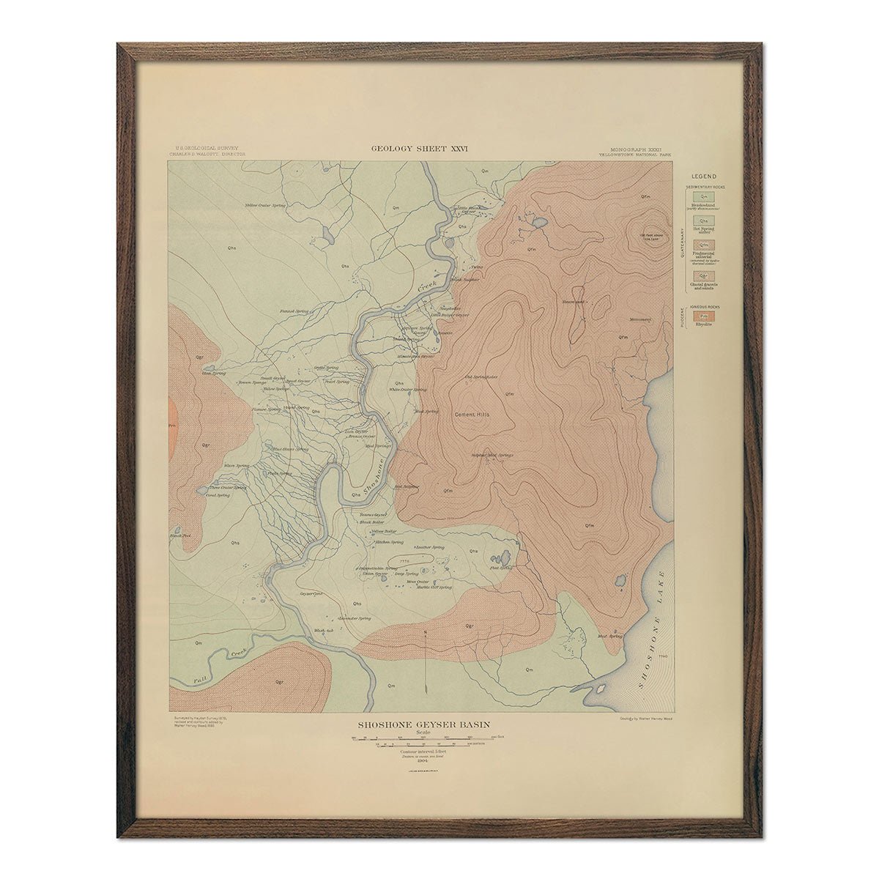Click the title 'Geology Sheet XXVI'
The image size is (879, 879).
point(420,149)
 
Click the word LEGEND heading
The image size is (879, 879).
point(703,177)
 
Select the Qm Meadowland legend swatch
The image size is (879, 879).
point(703,196)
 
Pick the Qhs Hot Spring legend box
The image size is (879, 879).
point(703,220)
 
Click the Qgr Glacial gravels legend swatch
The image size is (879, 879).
point(703,275)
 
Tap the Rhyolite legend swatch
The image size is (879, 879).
point(703,316)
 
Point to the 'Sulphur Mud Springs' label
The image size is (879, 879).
point(492,455)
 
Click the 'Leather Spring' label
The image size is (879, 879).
point(430,547)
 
